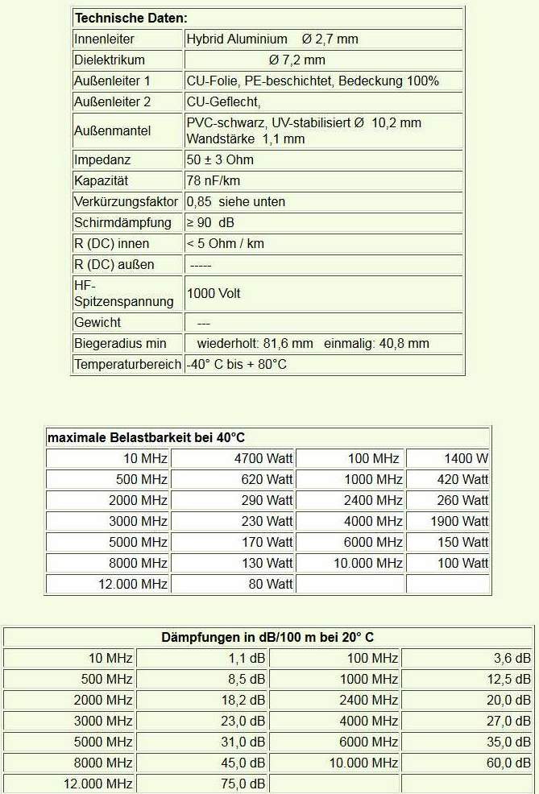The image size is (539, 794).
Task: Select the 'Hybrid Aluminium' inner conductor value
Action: coord(237,39)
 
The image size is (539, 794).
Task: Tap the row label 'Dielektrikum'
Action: coord(110,60)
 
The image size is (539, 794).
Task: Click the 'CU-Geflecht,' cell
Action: coord(224,101)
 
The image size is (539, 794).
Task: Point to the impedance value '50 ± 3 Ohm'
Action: coord(220,159)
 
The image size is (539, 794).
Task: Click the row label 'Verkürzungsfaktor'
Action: coord(128,201)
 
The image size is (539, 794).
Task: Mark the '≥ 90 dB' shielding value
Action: coord(210,222)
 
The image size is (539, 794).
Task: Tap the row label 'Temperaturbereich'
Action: coord(128,364)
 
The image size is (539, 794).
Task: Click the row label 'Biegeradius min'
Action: coord(120,343)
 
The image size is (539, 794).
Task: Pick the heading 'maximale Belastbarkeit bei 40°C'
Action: coord(146,437)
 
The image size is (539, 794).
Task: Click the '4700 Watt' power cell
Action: coord(263,458)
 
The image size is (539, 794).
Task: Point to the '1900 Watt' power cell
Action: coord(459,521)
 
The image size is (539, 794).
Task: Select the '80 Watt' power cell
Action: coord(271,584)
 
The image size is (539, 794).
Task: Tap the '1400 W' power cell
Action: coord(466,458)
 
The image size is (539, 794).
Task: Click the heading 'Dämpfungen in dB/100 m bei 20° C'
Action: coord(268,637)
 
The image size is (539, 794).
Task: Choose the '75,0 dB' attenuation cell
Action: coord(242,784)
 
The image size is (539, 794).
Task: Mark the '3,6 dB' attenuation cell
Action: coord(512,658)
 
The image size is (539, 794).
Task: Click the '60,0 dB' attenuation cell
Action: coord(508,763)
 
